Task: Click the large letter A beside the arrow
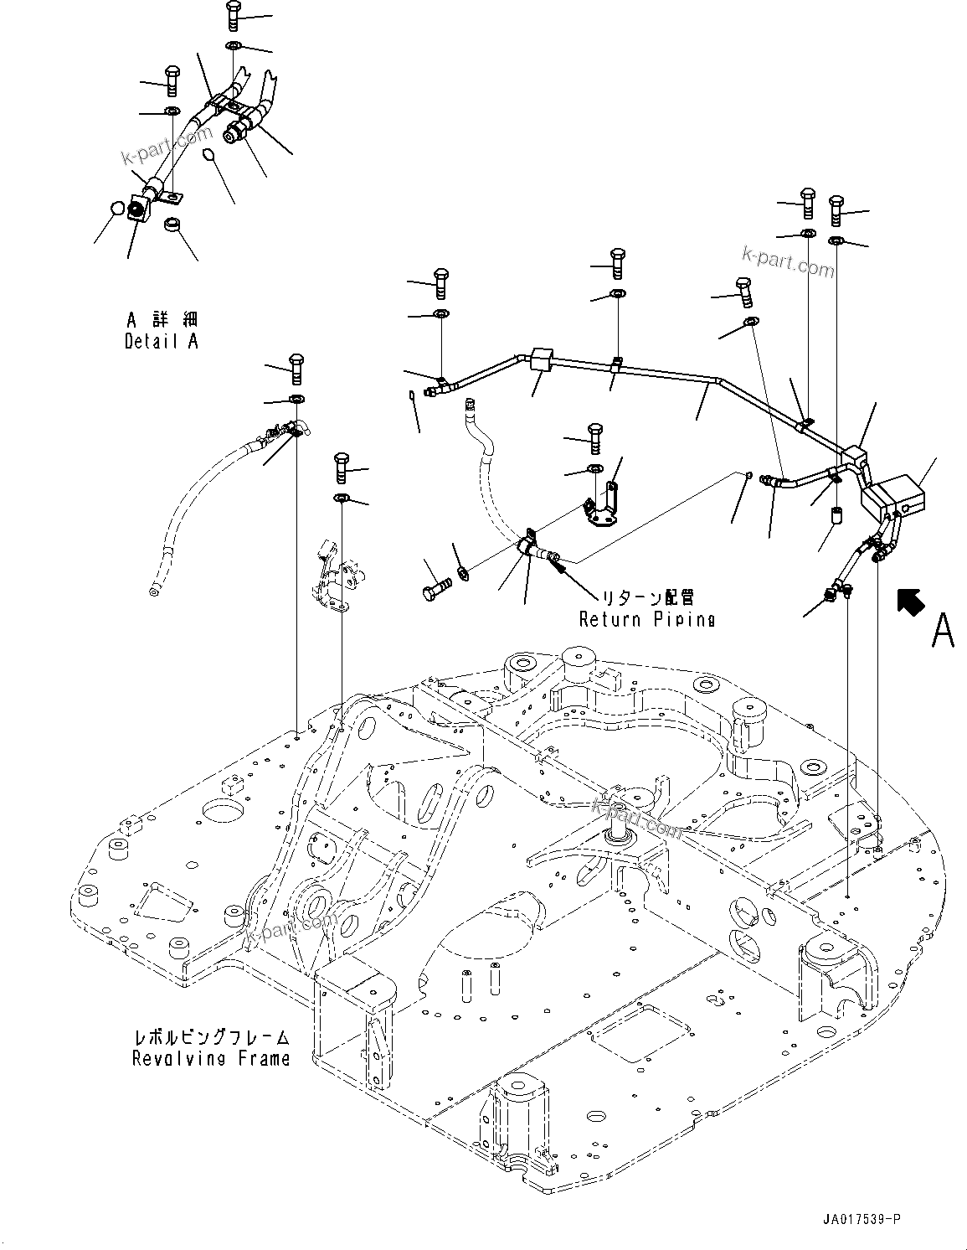pyautogui.click(x=942, y=630)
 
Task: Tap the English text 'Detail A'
pyautogui.click(x=162, y=342)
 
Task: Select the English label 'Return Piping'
pyautogui.click(x=647, y=619)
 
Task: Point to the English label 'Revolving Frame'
pyautogui.click(x=211, y=1058)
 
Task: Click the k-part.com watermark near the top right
pyautogui.click(x=787, y=262)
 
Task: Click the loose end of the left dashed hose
pyautogui.click(x=152, y=592)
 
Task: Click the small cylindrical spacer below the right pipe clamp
pyautogui.click(x=835, y=514)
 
